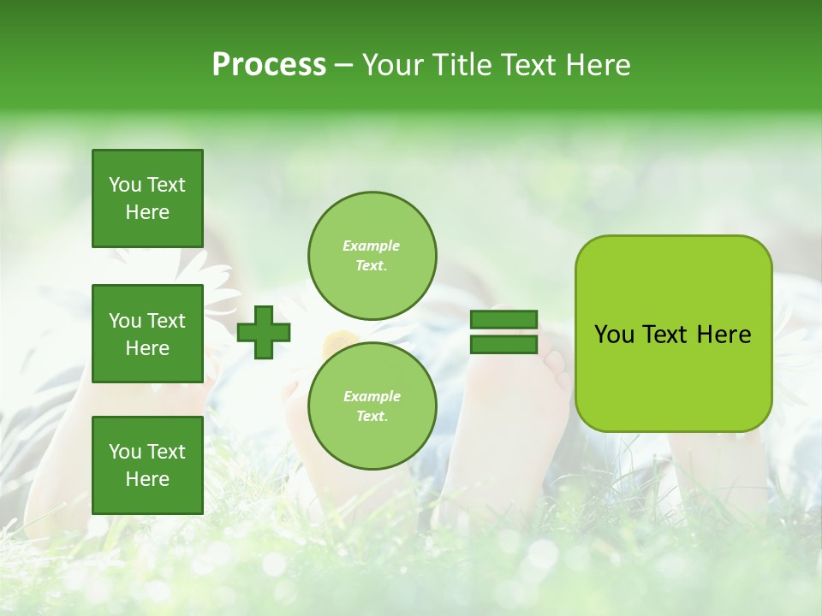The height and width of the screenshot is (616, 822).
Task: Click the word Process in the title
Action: [269, 65]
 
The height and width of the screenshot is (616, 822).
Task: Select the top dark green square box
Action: [147, 198]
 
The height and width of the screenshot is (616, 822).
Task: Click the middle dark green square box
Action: [147, 334]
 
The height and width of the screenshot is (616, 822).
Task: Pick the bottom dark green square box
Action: [147, 465]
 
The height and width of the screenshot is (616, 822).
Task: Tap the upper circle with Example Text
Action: [372, 255]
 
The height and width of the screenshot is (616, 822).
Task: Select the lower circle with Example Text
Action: [372, 406]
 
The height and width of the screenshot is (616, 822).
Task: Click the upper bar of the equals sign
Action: [503, 320]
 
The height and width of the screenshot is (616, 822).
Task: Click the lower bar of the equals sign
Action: [503, 345]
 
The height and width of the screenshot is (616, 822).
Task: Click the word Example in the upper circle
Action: [372, 246]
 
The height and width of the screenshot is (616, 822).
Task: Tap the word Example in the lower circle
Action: [372, 396]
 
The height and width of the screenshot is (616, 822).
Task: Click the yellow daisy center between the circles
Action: [337, 340]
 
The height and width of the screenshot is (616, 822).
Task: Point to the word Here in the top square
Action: [147, 212]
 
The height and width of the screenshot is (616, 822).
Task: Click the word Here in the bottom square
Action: [147, 479]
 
